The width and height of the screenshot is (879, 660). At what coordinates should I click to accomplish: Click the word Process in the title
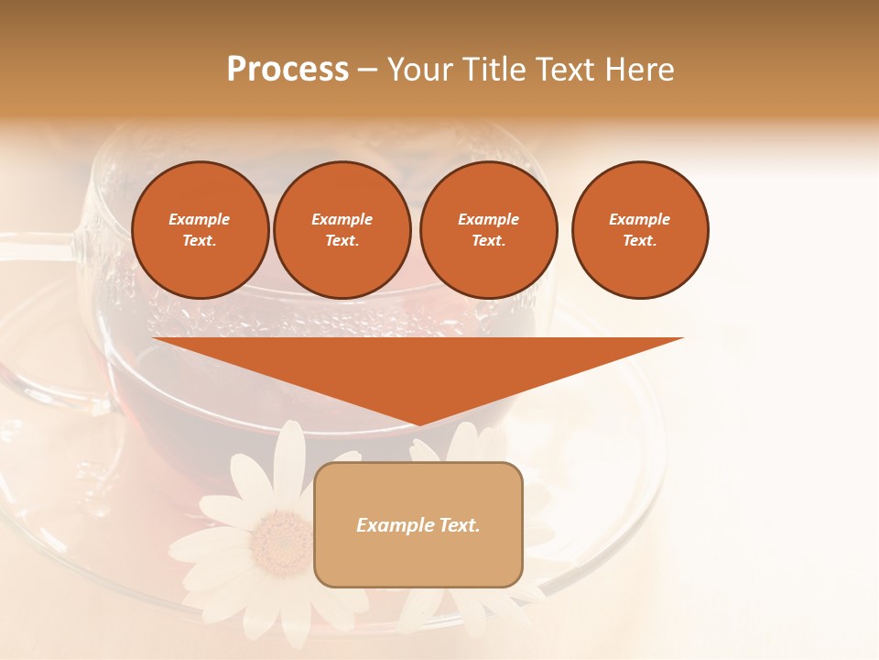click(288, 70)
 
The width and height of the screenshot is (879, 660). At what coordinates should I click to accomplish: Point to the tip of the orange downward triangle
click(418, 423)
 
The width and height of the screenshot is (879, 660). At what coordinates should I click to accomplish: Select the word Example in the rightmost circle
click(640, 219)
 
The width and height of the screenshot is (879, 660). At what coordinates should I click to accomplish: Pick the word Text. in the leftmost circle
click(200, 241)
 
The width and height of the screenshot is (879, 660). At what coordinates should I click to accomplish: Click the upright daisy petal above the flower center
click(290, 463)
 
